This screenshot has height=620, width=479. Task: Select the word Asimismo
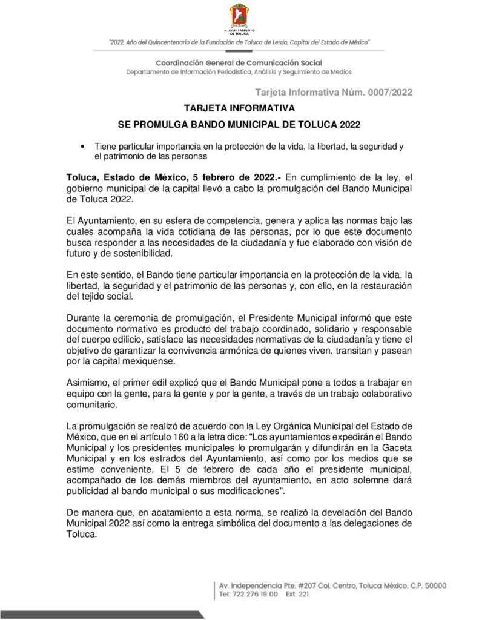click(88, 384)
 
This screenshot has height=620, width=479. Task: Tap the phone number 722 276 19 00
click(255, 595)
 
